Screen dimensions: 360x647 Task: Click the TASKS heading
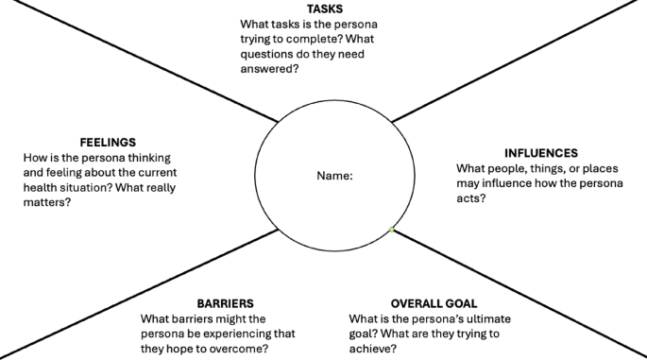(x=324, y=9)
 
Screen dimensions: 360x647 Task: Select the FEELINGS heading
(x=109, y=142)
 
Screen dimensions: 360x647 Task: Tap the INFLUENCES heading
(x=541, y=152)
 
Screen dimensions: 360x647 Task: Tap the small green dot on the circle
(x=391, y=230)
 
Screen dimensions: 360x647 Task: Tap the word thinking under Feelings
(x=153, y=157)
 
